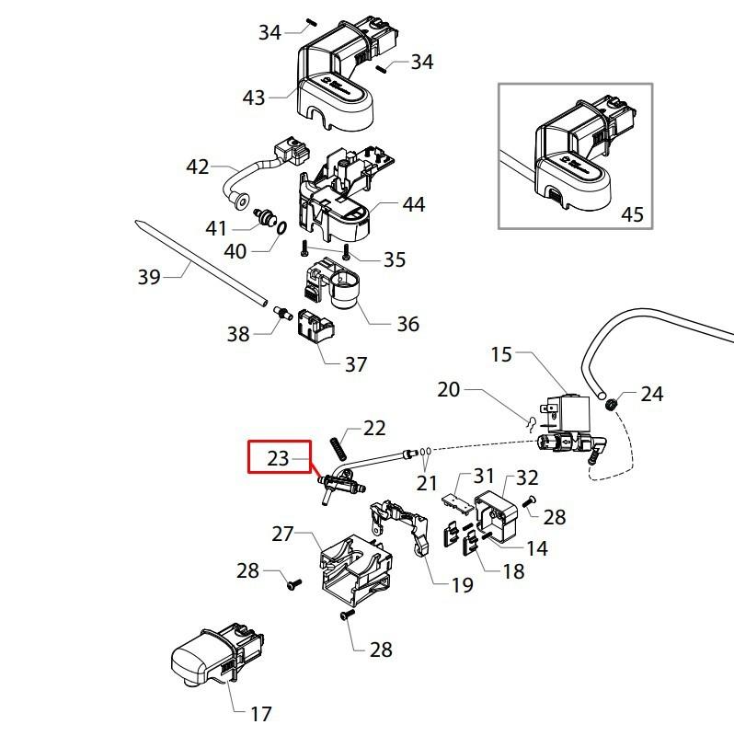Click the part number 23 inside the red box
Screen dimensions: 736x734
coord(278,457)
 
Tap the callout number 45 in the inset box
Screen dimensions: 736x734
coord(632,214)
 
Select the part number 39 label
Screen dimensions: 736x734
coord(148,277)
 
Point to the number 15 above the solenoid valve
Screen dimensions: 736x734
coord(500,354)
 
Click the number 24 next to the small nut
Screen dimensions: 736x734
coord(651,394)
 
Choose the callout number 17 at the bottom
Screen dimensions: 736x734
coord(261,712)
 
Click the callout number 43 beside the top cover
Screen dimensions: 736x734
coord(254,98)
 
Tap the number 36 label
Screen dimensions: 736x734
coord(407,324)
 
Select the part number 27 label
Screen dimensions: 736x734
coord(281,534)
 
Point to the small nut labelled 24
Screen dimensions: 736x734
coord(610,401)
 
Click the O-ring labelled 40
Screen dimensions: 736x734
coord(279,227)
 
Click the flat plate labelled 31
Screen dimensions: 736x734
coord(454,497)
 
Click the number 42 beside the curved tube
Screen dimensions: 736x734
coord(198,167)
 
